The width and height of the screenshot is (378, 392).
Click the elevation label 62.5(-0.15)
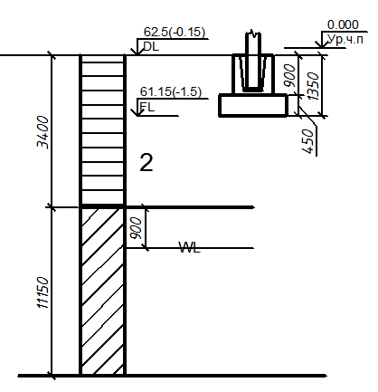(x=175, y=32)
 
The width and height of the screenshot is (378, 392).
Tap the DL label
(x=151, y=46)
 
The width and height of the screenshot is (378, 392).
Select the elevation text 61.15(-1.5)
(x=171, y=91)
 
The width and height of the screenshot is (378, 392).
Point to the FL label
(x=147, y=107)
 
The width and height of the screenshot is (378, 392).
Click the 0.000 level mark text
(x=343, y=24)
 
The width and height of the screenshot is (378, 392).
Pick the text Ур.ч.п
(x=345, y=39)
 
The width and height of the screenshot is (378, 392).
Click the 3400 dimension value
(x=43, y=132)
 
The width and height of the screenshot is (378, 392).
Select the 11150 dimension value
(x=43, y=292)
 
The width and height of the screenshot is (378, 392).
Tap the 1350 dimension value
(x=313, y=86)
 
